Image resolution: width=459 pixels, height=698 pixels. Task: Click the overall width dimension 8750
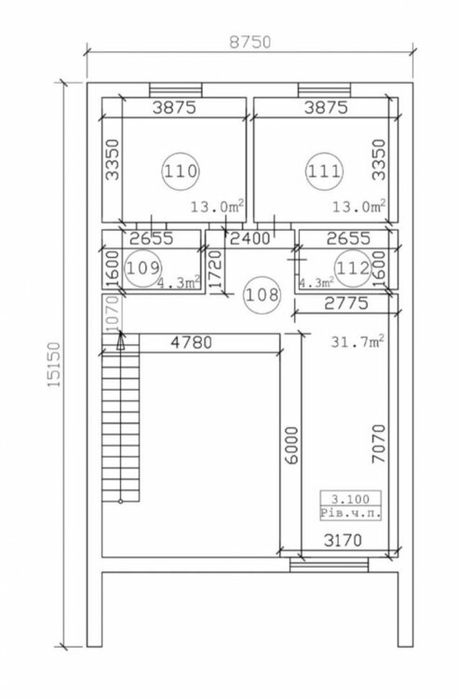250,42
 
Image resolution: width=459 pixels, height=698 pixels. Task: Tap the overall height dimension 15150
53,365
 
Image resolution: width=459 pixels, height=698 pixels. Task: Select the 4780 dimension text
192,342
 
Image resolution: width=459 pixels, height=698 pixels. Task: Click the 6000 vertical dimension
291,446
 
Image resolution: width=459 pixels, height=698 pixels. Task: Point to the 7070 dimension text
378,444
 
